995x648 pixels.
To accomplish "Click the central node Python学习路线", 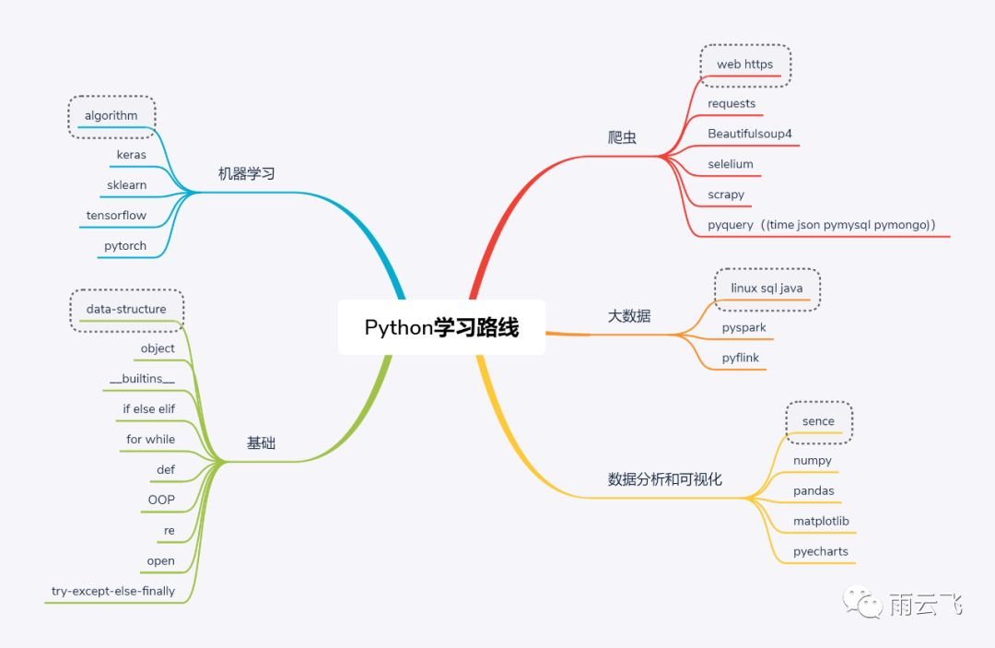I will pyautogui.click(x=441, y=327).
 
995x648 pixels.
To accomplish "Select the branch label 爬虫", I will pyautogui.click(x=623, y=137).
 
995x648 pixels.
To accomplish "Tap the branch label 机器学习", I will pyautogui.click(x=247, y=173).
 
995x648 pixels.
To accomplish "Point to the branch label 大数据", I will pyautogui.click(x=629, y=316).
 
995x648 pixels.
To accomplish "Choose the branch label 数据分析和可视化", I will pyautogui.click(x=665, y=479).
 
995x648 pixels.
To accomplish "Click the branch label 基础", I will pyautogui.click(x=261, y=443).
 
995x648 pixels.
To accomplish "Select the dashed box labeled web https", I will pyautogui.click(x=744, y=65).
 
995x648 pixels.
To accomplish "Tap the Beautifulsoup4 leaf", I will pyautogui.click(x=750, y=134).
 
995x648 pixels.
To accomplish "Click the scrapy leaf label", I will pyautogui.click(x=726, y=194).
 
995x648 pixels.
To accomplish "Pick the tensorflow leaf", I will pyautogui.click(x=116, y=215).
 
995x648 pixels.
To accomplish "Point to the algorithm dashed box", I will pyautogui.click(x=111, y=116).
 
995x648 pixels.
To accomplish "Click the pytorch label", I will pyautogui.click(x=125, y=246).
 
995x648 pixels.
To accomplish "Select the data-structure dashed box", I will pyautogui.click(x=127, y=309).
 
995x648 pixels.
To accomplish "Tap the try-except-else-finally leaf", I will pyautogui.click(x=113, y=590).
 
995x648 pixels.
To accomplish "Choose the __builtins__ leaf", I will pyautogui.click(x=142, y=379).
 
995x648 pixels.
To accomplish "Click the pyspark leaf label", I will pyautogui.click(x=743, y=327).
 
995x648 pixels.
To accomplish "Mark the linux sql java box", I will pyautogui.click(x=767, y=289).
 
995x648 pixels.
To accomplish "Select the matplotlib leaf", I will pyautogui.click(x=821, y=521).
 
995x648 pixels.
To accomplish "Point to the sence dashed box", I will pyautogui.click(x=818, y=421).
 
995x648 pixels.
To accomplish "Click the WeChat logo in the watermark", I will pyautogui.click(x=870, y=603).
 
